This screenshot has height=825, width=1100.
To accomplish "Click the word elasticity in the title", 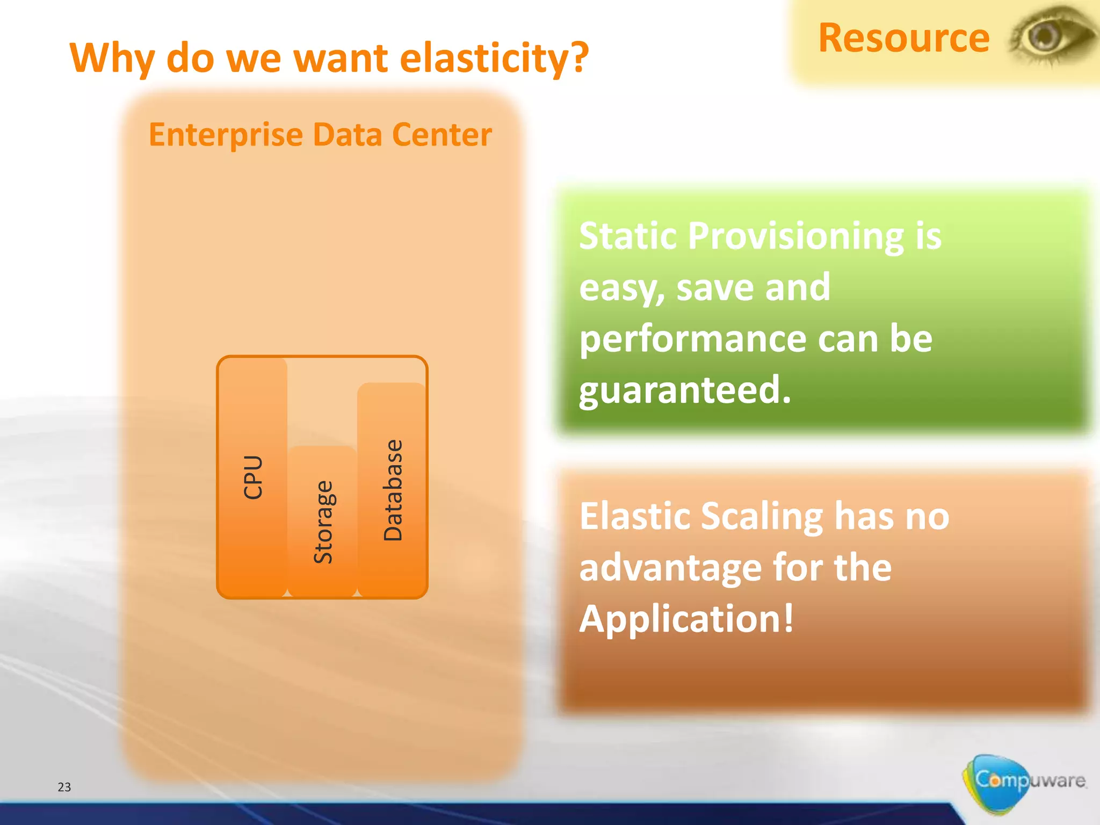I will (x=494, y=57).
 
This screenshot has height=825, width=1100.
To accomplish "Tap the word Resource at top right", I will (x=903, y=38).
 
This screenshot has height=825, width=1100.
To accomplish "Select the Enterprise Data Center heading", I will (x=320, y=134).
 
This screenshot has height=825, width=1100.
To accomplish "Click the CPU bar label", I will (x=252, y=477).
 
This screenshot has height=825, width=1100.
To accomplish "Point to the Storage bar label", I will (x=323, y=522).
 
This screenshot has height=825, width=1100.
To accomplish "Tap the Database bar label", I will (x=393, y=490).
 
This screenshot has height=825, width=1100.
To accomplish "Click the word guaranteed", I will (x=685, y=390).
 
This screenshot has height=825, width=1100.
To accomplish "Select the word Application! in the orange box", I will (x=686, y=619).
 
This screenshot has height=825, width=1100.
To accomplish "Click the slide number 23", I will (x=64, y=787).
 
